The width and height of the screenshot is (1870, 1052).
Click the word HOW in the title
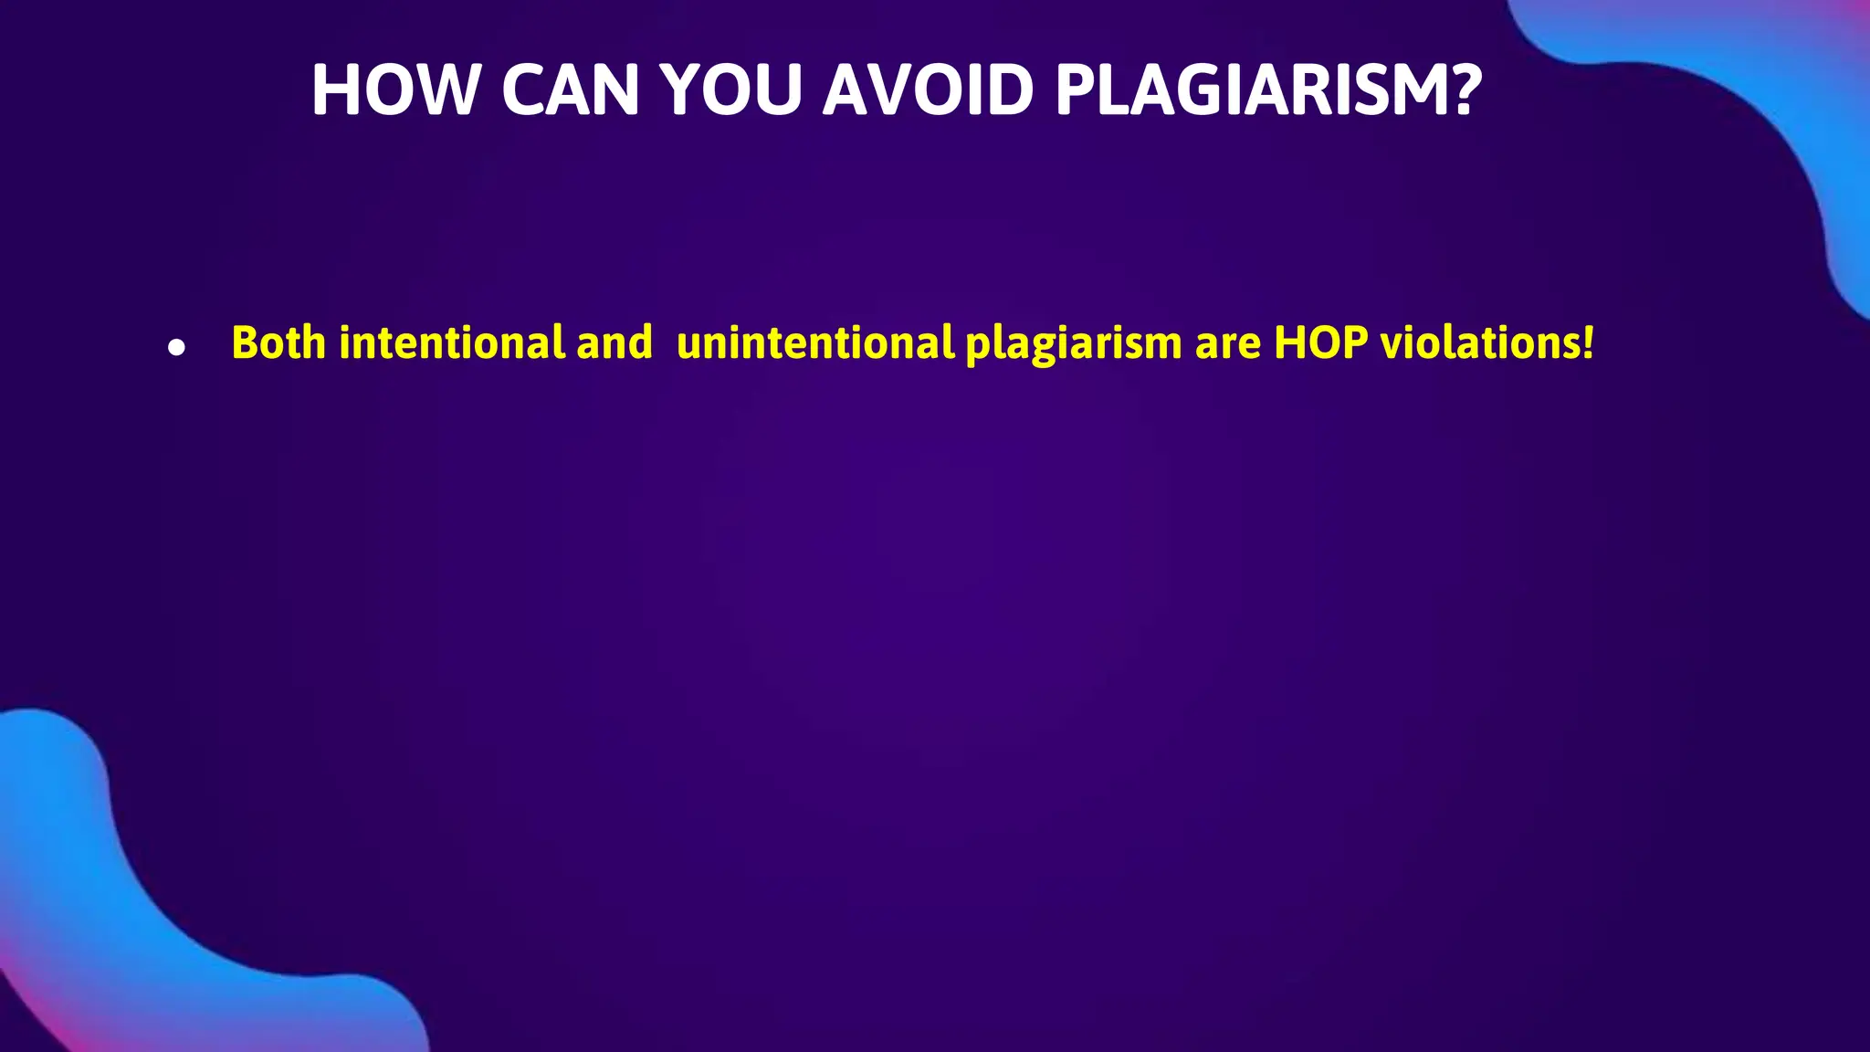394,90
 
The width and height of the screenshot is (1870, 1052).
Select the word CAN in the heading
570,90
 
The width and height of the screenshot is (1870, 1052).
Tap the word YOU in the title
731,90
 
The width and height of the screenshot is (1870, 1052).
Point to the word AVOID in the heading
928,90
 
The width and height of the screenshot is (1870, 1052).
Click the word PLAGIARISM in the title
1246,90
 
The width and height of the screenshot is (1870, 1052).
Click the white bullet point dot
177,348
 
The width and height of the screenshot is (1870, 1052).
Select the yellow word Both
278,343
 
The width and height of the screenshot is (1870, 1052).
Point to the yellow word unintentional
815,343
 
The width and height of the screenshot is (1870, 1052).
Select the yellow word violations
1480,343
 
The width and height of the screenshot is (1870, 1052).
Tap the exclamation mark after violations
1589,343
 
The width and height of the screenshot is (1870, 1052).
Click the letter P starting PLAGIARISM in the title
1076,90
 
